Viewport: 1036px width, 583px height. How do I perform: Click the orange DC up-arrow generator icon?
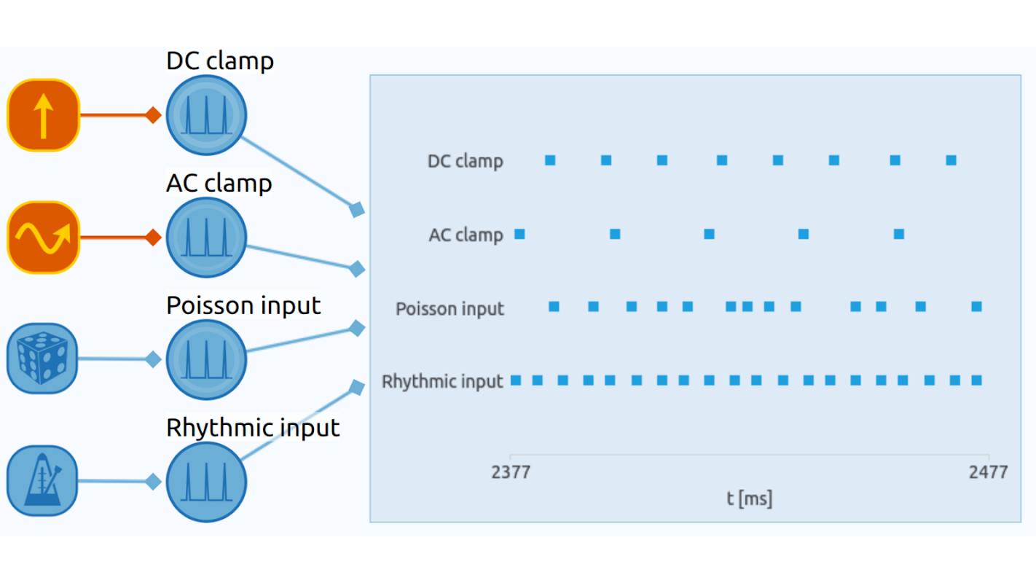click(43, 115)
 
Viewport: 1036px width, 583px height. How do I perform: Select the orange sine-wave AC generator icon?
click(43, 238)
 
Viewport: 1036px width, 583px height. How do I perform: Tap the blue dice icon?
click(42, 359)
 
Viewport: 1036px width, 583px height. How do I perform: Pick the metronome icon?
click(42, 481)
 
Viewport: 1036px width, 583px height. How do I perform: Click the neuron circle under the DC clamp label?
click(206, 115)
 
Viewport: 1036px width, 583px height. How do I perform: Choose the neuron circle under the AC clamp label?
click(206, 238)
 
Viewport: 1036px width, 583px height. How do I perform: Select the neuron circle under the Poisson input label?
click(206, 359)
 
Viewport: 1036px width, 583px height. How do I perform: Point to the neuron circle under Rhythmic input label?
click(206, 482)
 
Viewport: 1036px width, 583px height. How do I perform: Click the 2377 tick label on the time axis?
click(511, 472)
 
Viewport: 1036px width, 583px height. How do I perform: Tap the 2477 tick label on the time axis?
click(988, 472)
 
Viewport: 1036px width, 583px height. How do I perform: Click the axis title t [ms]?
click(749, 498)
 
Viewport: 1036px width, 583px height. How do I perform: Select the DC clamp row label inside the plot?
click(465, 161)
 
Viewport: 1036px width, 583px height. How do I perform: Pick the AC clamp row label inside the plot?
click(466, 235)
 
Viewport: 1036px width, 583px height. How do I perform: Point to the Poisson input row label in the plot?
click(450, 309)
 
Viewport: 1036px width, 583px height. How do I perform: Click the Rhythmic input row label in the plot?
click(442, 381)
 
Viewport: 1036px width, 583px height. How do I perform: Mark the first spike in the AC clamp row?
click(519, 234)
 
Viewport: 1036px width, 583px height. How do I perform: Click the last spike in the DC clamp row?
click(951, 160)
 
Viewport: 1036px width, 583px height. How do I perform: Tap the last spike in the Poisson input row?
click(976, 307)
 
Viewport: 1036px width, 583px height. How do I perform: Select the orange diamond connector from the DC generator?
click(153, 115)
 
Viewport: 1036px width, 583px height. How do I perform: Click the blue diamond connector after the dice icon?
click(153, 359)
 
